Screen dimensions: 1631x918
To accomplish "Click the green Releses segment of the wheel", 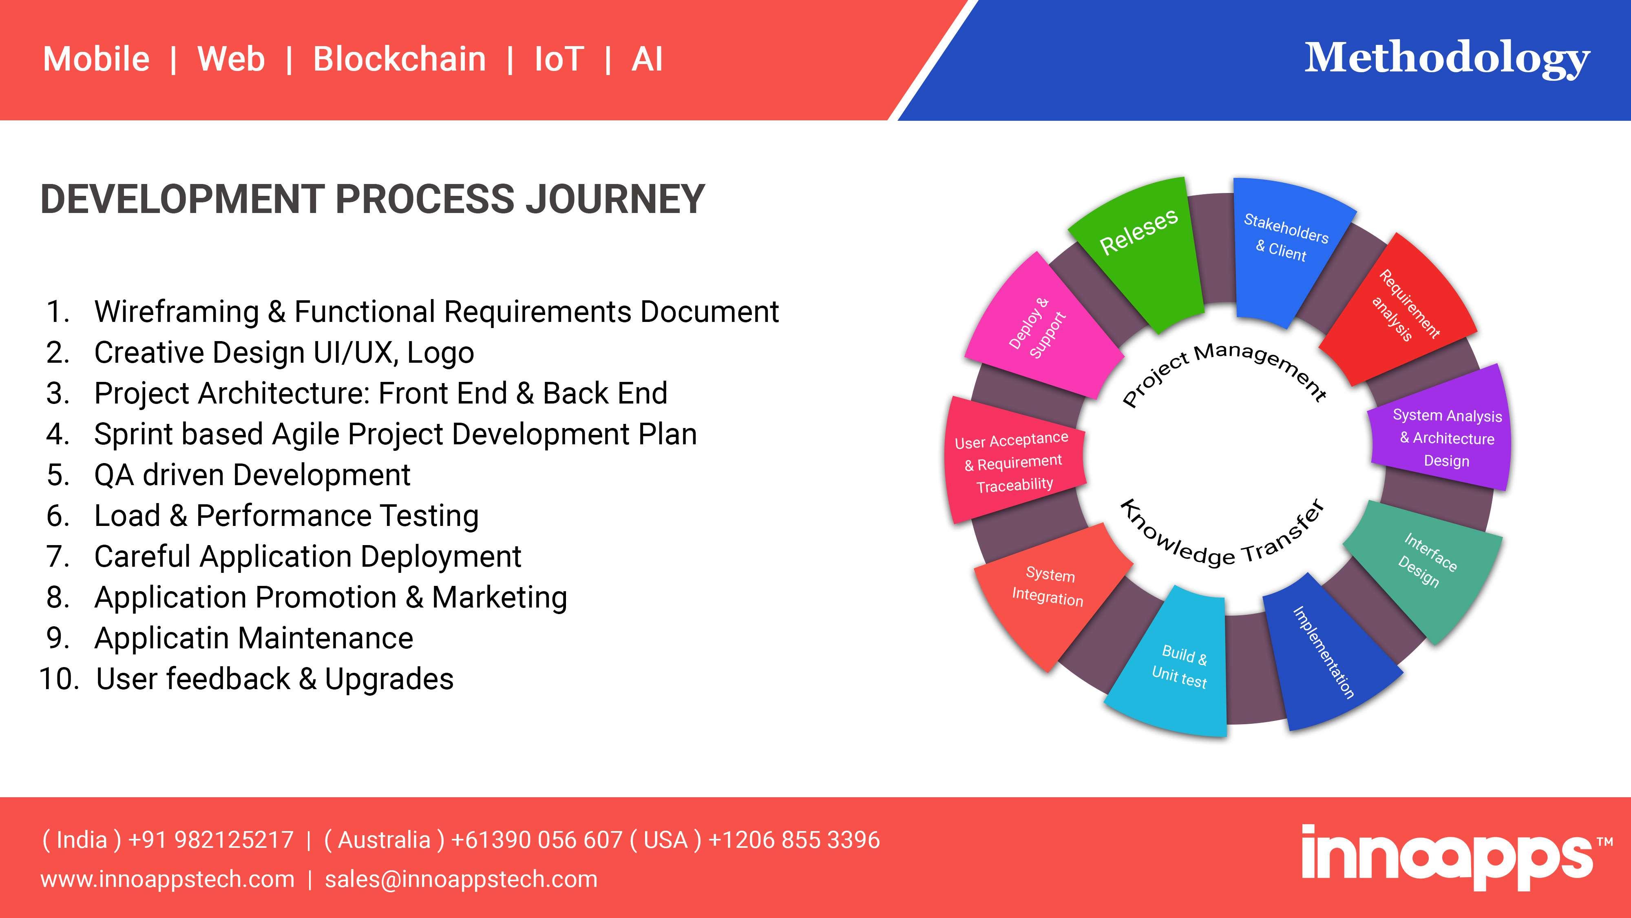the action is pyautogui.click(x=1138, y=253).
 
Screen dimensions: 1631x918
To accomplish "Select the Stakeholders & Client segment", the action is pyautogui.click(x=1288, y=250).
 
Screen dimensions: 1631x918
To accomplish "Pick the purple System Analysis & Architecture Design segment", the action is pyautogui.click(x=1441, y=431).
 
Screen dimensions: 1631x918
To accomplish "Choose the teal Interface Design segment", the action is pyautogui.click(x=1425, y=567).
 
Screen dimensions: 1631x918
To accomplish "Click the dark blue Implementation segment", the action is pyautogui.click(x=1326, y=652).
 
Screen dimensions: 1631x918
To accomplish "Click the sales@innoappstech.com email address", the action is pyautogui.click(x=461, y=879).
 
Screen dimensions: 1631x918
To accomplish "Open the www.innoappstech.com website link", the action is pyautogui.click(x=167, y=879).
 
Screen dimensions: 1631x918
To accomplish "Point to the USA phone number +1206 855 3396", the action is pyautogui.click(x=794, y=840).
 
